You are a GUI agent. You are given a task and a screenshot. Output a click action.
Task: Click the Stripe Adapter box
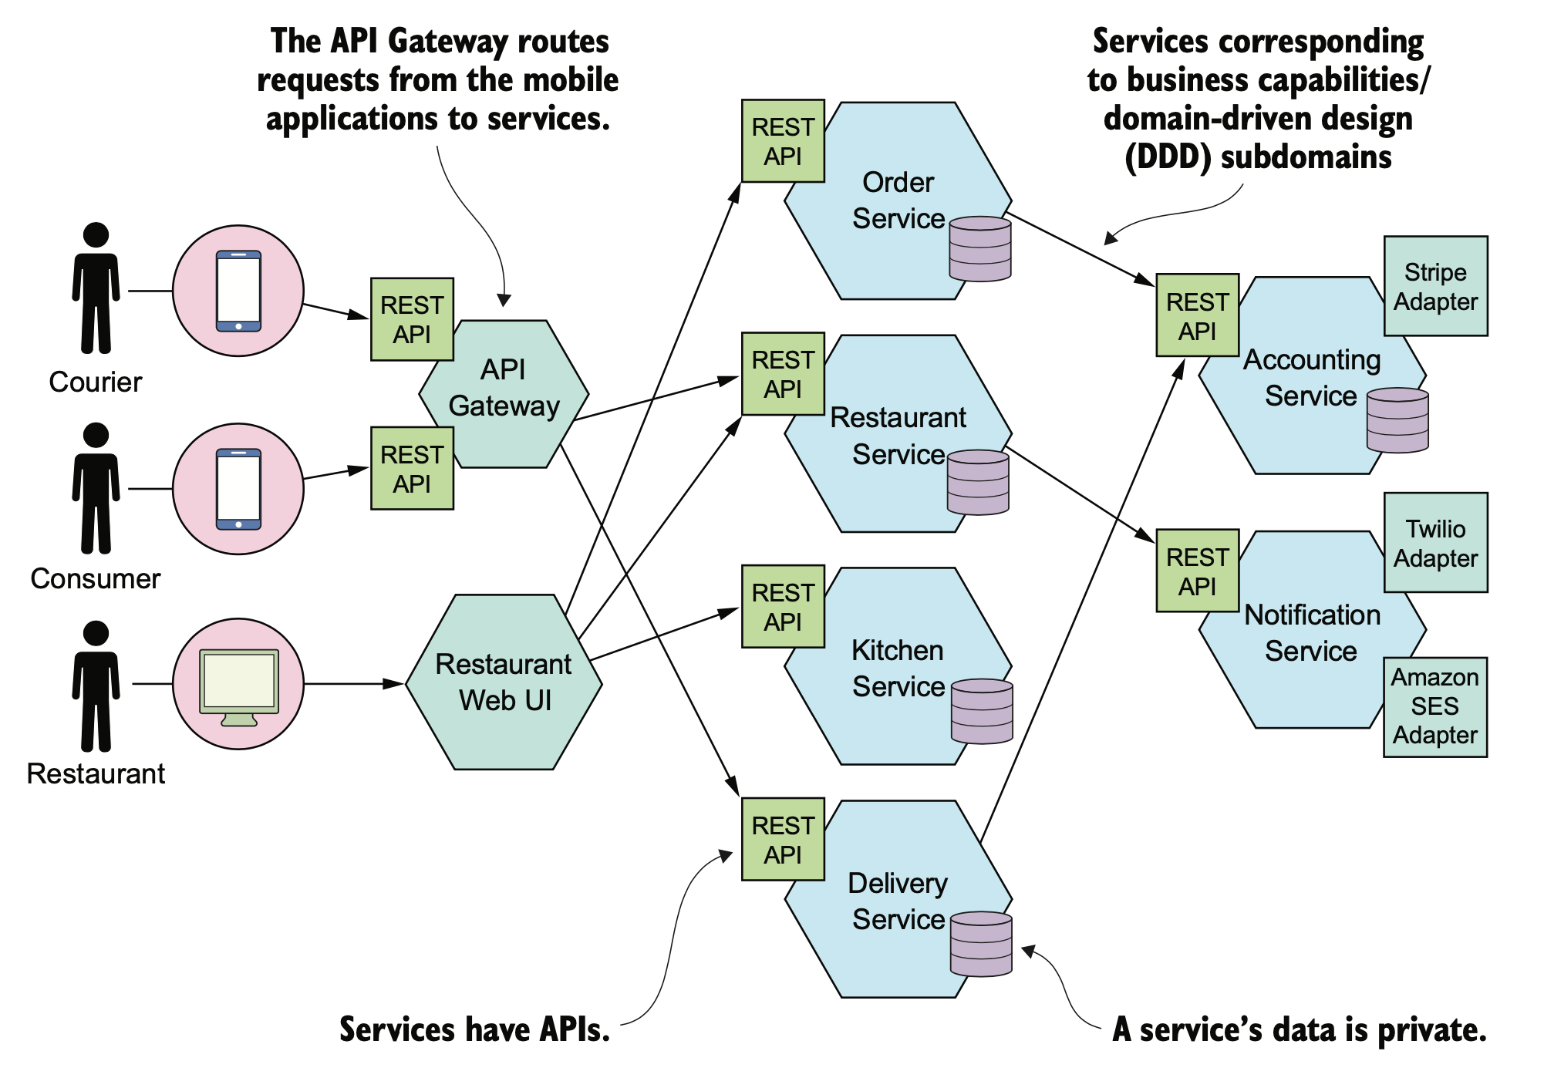[x=1435, y=286]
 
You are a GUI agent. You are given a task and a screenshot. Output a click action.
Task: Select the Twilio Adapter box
[x=1435, y=543]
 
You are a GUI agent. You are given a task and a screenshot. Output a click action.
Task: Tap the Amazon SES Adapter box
[x=1434, y=706]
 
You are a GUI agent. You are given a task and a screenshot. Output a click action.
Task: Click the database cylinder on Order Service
[x=979, y=249]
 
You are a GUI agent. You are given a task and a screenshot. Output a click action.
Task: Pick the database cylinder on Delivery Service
[x=981, y=944]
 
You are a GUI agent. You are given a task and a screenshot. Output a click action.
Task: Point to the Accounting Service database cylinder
[x=1397, y=420]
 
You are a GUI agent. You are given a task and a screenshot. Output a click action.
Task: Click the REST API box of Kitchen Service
[x=783, y=607]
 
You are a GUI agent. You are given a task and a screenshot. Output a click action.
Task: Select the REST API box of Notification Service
[x=1197, y=571]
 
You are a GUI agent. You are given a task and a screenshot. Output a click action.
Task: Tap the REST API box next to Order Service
[x=783, y=141]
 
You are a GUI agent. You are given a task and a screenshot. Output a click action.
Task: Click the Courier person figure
[x=96, y=288]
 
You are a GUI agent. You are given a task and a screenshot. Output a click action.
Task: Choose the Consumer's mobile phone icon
[x=238, y=489]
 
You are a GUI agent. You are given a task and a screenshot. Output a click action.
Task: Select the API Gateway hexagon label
[x=504, y=388]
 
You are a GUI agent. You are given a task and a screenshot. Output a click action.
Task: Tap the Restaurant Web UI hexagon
[x=504, y=682]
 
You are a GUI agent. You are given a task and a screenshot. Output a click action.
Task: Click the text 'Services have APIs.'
[x=474, y=1029]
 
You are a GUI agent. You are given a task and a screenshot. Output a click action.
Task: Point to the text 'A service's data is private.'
[x=1299, y=1029]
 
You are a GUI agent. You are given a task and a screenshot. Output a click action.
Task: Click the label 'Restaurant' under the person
[x=96, y=773]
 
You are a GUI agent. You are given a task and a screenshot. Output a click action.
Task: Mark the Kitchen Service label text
[x=898, y=668]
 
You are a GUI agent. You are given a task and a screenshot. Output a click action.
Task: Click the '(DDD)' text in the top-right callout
[x=1168, y=157]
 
